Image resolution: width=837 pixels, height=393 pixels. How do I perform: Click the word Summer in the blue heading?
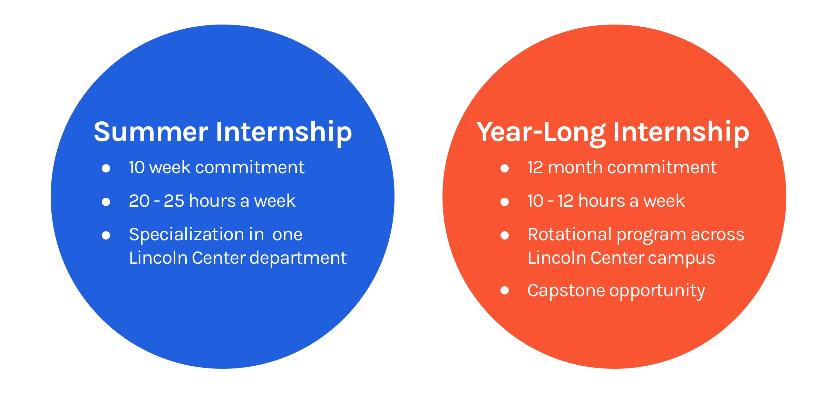click(151, 132)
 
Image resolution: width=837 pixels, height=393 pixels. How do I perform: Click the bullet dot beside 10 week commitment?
click(106, 168)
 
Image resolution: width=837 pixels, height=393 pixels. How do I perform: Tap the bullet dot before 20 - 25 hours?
click(106, 202)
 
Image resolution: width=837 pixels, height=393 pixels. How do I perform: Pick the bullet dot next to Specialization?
click(106, 235)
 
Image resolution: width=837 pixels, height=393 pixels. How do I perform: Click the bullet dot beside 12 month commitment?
click(505, 168)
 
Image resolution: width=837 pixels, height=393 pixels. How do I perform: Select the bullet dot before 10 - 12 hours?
click(505, 202)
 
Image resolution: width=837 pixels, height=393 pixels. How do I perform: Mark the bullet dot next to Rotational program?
click(505, 235)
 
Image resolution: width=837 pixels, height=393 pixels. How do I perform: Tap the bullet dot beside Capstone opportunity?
click(505, 290)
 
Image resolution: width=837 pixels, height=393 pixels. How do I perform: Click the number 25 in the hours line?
click(174, 201)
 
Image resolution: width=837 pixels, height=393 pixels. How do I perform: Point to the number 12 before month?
click(535, 168)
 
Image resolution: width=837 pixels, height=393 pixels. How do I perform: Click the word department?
click(298, 258)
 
